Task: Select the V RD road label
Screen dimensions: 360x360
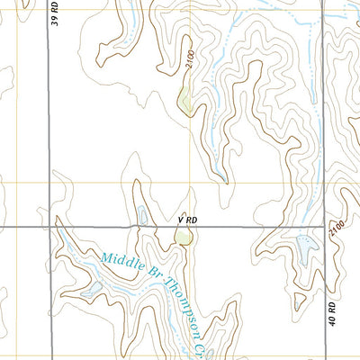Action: tap(187, 219)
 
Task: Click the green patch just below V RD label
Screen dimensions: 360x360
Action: tap(184, 238)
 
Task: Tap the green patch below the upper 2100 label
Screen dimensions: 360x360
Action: tap(184, 102)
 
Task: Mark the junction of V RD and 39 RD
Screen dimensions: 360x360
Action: tap(48, 227)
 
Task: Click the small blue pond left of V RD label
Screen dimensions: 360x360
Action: tap(142, 216)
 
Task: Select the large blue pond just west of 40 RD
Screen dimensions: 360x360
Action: tap(306, 245)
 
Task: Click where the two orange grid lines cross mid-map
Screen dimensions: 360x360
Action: tap(189, 183)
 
